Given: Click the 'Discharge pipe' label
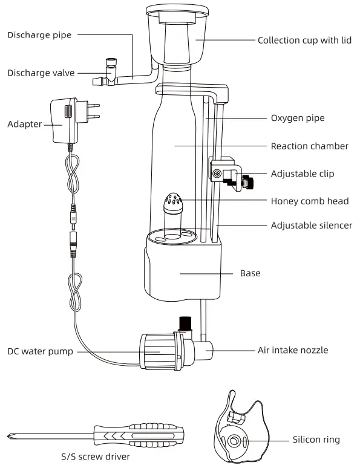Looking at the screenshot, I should tap(39, 35).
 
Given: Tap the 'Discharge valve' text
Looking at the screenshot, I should tap(41, 73).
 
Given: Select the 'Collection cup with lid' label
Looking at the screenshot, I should tap(304, 41).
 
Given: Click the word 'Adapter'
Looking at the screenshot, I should tap(25, 125).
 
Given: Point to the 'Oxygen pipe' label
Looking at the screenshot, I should tap(298, 119).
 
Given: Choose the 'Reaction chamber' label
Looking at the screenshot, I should tap(309, 146).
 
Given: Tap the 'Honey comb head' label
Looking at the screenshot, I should tap(310, 201).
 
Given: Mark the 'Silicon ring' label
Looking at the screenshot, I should tap(316, 440).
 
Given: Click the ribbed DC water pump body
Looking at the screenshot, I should tap(159, 351).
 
